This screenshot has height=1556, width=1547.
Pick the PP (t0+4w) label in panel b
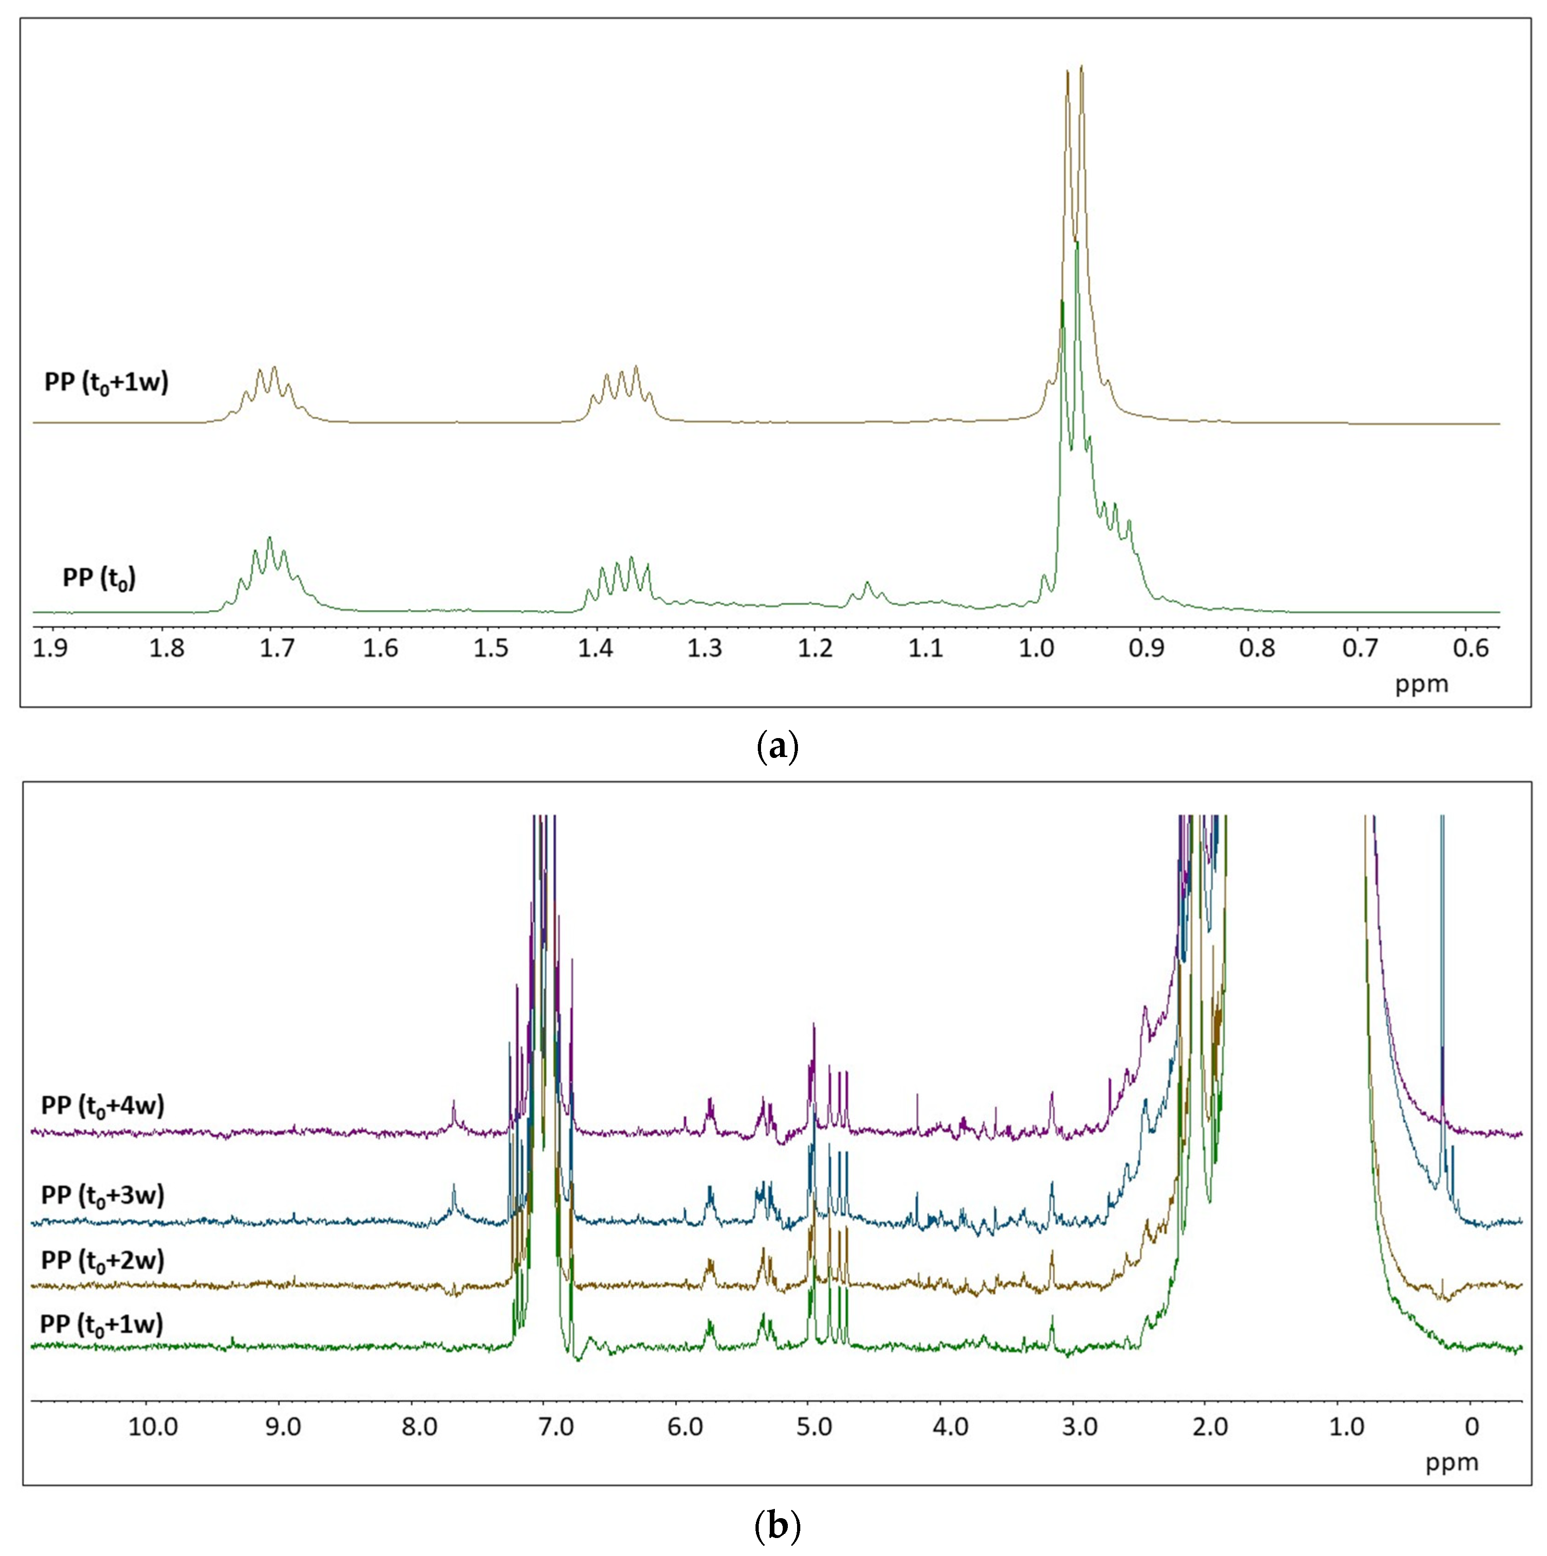[103, 1106]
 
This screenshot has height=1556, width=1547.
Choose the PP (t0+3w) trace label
[103, 1195]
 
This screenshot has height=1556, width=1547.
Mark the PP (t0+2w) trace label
[103, 1260]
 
